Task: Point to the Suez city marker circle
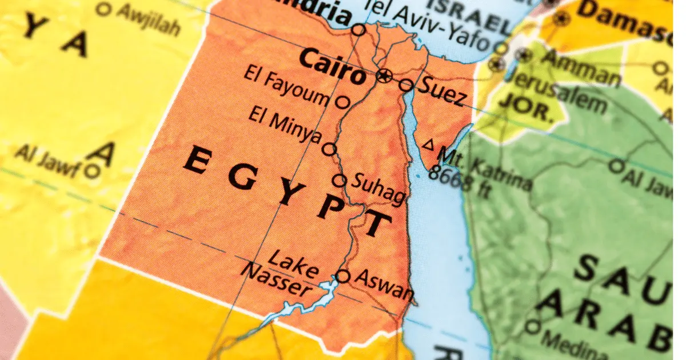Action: (406, 85)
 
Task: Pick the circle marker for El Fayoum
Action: (342, 102)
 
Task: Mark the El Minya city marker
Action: (329, 150)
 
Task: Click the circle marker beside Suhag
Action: (340, 181)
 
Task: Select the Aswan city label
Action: (384, 284)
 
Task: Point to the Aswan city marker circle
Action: (342, 277)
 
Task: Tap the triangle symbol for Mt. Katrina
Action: (428, 145)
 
